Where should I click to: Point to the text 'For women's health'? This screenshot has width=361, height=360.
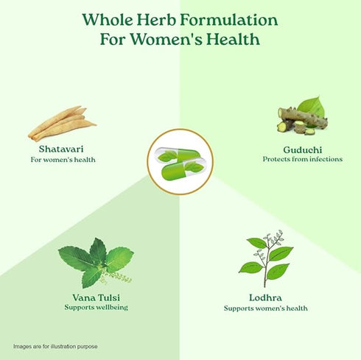(x=63, y=160)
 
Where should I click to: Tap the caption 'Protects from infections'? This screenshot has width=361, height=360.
(x=302, y=159)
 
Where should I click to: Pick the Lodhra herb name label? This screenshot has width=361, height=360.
(x=265, y=297)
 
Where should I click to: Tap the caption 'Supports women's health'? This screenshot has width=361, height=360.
(x=265, y=308)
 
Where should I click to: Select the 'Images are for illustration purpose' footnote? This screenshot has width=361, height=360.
(x=55, y=346)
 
